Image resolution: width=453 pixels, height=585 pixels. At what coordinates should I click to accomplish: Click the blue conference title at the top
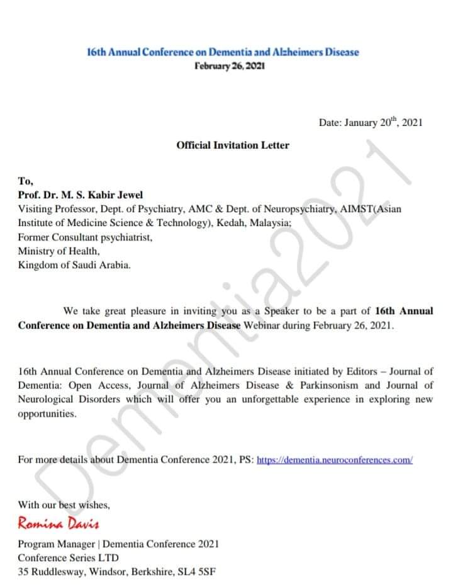223,52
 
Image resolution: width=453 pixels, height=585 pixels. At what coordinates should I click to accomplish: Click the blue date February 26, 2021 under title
230,65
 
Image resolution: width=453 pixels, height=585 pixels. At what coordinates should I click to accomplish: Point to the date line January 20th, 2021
370,123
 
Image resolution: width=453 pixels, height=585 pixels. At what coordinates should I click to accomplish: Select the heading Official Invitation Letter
233,145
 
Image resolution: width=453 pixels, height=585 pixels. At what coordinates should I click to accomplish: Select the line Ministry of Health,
59,251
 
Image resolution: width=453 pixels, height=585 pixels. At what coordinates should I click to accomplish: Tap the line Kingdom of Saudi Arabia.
74,265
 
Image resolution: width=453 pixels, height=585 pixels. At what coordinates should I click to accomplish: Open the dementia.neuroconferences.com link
335,460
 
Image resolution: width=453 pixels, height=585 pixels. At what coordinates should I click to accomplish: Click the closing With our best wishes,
64,504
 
